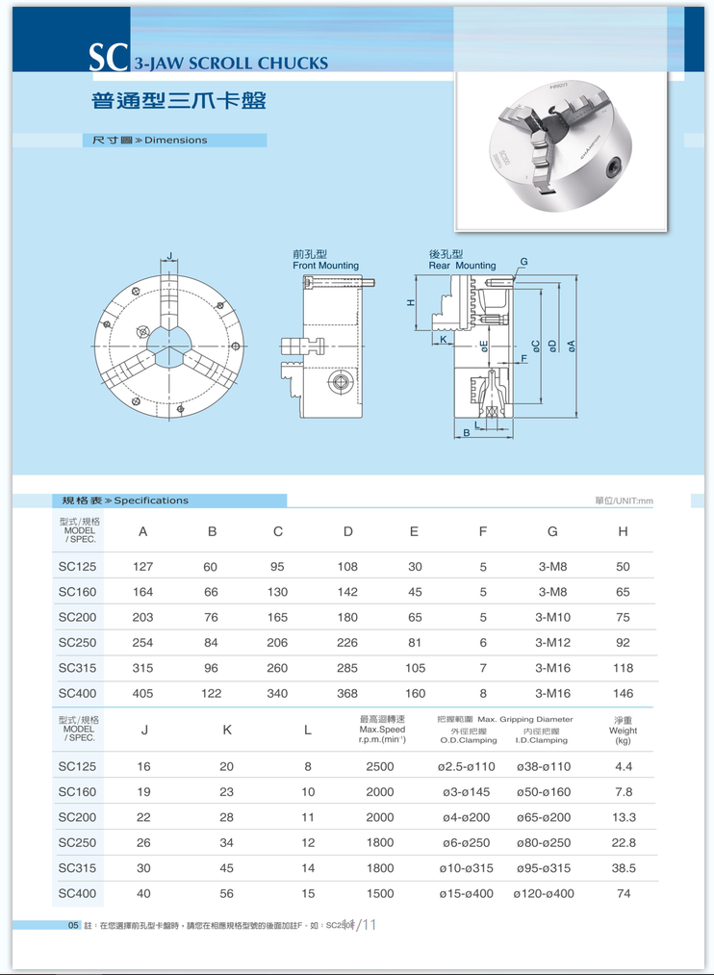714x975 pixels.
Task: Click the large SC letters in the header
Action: point(109,59)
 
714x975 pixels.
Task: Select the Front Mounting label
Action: point(325,265)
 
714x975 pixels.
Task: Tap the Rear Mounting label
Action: point(462,265)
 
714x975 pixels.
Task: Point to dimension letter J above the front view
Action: point(170,256)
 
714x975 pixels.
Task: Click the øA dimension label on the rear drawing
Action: point(572,345)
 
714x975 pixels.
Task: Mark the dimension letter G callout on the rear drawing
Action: point(523,262)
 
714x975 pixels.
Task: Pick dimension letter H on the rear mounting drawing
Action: point(411,303)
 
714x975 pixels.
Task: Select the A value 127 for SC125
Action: point(142,567)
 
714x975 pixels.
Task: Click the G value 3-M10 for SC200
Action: point(552,617)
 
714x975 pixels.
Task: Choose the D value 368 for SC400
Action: point(347,693)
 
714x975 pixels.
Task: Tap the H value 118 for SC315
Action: point(623,668)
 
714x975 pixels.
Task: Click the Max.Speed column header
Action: point(382,730)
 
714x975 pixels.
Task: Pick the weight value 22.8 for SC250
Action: point(624,842)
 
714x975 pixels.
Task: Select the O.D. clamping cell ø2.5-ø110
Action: point(467,766)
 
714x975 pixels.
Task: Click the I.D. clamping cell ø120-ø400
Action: point(544,893)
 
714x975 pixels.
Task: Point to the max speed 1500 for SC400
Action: point(380,893)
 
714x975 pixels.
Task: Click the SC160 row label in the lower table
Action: point(77,792)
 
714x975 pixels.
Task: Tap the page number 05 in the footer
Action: point(73,925)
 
